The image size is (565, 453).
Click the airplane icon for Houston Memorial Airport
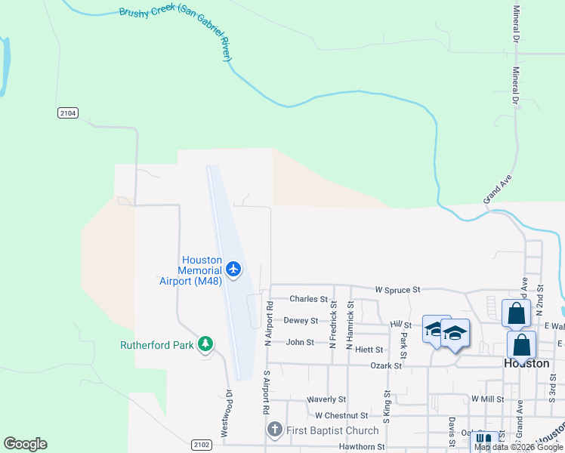pyautogui.click(x=233, y=269)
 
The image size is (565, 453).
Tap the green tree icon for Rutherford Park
pyautogui.click(x=205, y=345)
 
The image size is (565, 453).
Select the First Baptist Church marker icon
pyautogui.click(x=275, y=430)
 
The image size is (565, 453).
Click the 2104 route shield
pyautogui.click(x=67, y=112)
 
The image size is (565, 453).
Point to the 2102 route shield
pyautogui.click(x=200, y=445)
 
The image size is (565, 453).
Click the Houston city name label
pyautogui.click(x=526, y=363)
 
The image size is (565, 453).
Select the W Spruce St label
pyautogui.click(x=397, y=289)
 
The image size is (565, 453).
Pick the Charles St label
pyautogui.click(x=308, y=299)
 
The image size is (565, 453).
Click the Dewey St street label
pyautogui.click(x=300, y=320)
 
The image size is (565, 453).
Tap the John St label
pyautogui.click(x=299, y=342)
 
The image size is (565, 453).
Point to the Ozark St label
pyautogui.click(x=385, y=365)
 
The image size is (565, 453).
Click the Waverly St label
pyautogui.click(x=326, y=399)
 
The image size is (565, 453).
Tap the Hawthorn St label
pyautogui.click(x=360, y=446)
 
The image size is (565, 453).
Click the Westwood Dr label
pyautogui.click(x=224, y=416)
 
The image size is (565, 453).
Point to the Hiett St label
pyautogui.click(x=369, y=350)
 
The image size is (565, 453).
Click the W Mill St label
pyautogui.click(x=487, y=398)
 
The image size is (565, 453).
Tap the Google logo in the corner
pyautogui.click(x=26, y=444)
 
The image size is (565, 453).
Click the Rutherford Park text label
pyautogui.click(x=157, y=346)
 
